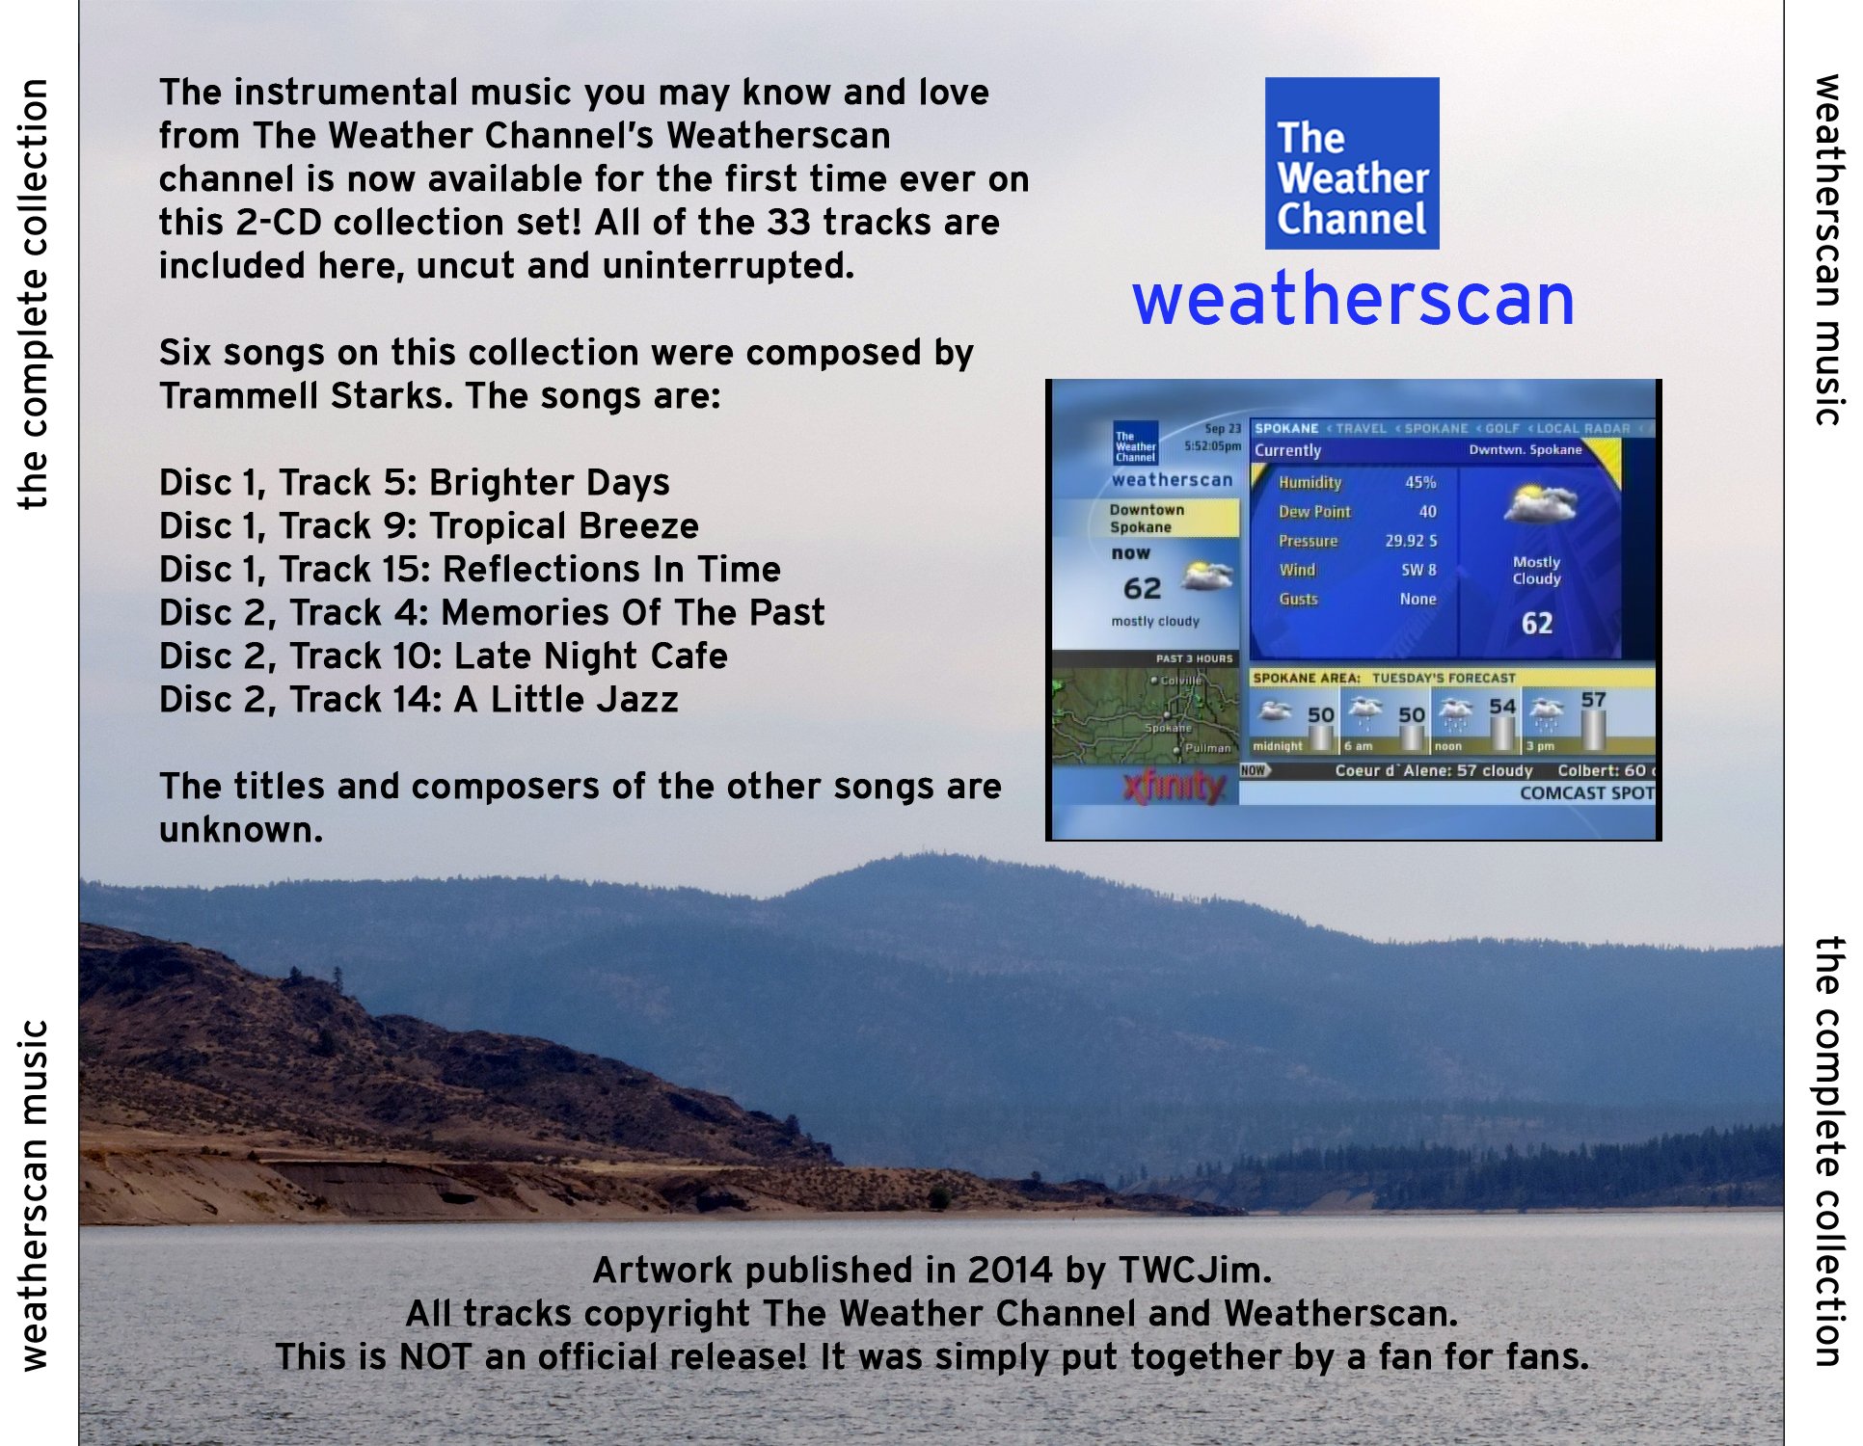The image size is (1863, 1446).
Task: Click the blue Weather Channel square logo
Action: [1351, 163]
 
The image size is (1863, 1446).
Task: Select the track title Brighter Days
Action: [549, 482]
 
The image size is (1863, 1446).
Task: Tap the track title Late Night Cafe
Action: [590, 656]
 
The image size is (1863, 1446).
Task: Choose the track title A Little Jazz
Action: [566, 700]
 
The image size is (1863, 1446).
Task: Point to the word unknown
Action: [240, 830]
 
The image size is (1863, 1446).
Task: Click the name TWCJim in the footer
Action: [1195, 1271]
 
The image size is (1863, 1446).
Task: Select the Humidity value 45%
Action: [1419, 482]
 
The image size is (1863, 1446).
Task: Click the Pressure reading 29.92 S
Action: [1411, 541]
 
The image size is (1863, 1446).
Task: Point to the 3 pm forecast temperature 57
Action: [1593, 700]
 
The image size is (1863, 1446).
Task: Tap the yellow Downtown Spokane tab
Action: [1147, 518]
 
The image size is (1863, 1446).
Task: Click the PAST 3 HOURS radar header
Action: [1194, 658]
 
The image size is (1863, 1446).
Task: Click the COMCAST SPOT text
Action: [1586, 792]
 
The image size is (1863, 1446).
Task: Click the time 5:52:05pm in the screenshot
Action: [1212, 446]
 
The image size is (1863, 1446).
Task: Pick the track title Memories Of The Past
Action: [633, 613]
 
